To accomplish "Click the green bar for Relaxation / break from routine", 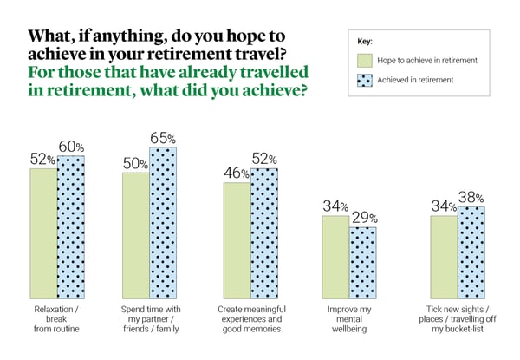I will pyautogui.click(x=43, y=232).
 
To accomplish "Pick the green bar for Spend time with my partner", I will pyautogui.click(x=136, y=234).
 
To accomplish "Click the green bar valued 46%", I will pyautogui.click(x=237, y=239).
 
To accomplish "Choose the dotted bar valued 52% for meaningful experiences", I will pyautogui.click(x=264, y=232).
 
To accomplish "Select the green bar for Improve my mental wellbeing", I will pyautogui.click(x=336, y=256).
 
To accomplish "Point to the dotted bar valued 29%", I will pyautogui.click(x=363, y=261).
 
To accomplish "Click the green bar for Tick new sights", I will pyautogui.click(x=444, y=256).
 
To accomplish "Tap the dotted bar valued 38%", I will pyautogui.click(x=471, y=252).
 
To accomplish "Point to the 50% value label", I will pyautogui.click(x=134, y=161).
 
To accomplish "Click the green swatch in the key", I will pyautogui.click(x=367, y=61).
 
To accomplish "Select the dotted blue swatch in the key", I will pyautogui.click(x=367, y=80).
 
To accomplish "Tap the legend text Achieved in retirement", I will pyautogui.click(x=420, y=80).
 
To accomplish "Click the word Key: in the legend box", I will pyautogui.click(x=365, y=41).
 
